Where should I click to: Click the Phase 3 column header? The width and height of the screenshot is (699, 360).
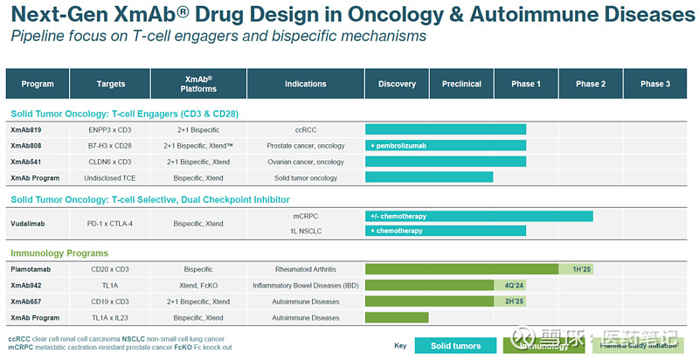pyautogui.click(x=655, y=84)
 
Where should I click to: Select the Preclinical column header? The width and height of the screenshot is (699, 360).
pyautogui.click(x=461, y=84)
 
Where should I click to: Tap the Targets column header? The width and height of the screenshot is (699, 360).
pyautogui.click(x=110, y=84)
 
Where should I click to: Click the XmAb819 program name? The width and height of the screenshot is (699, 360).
pyautogui.click(x=25, y=129)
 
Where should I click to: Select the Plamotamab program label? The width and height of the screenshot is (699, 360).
pyautogui.click(x=31, y=269)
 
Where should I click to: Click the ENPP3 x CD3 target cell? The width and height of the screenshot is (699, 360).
pyautogui.click(x=110, y=129)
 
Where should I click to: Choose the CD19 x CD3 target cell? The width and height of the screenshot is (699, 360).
pyautogui.click(x=110, y=301)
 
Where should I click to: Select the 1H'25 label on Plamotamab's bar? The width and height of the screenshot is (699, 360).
pyautogui.click(x=582, y=269)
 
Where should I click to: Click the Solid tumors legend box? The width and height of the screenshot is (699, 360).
pyautogui.click(x=454, y=345)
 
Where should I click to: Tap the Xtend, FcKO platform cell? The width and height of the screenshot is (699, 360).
pyautogui.click(x=198, y=285)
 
